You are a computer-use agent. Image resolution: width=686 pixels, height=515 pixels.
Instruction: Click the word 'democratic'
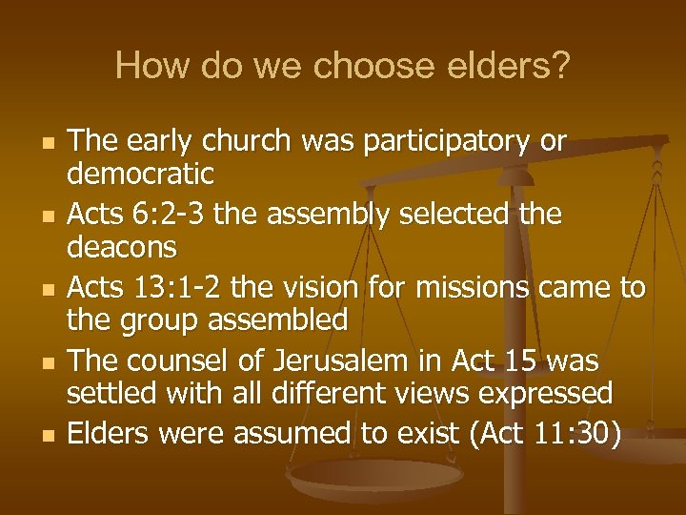[x=140, y=175]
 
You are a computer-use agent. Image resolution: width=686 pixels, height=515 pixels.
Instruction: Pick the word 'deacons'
[x=122, y=248]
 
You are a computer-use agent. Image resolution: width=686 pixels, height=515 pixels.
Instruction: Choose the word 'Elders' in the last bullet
[x=108, y=434]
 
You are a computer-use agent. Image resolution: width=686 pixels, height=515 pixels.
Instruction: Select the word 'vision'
[x=326, y=287]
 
